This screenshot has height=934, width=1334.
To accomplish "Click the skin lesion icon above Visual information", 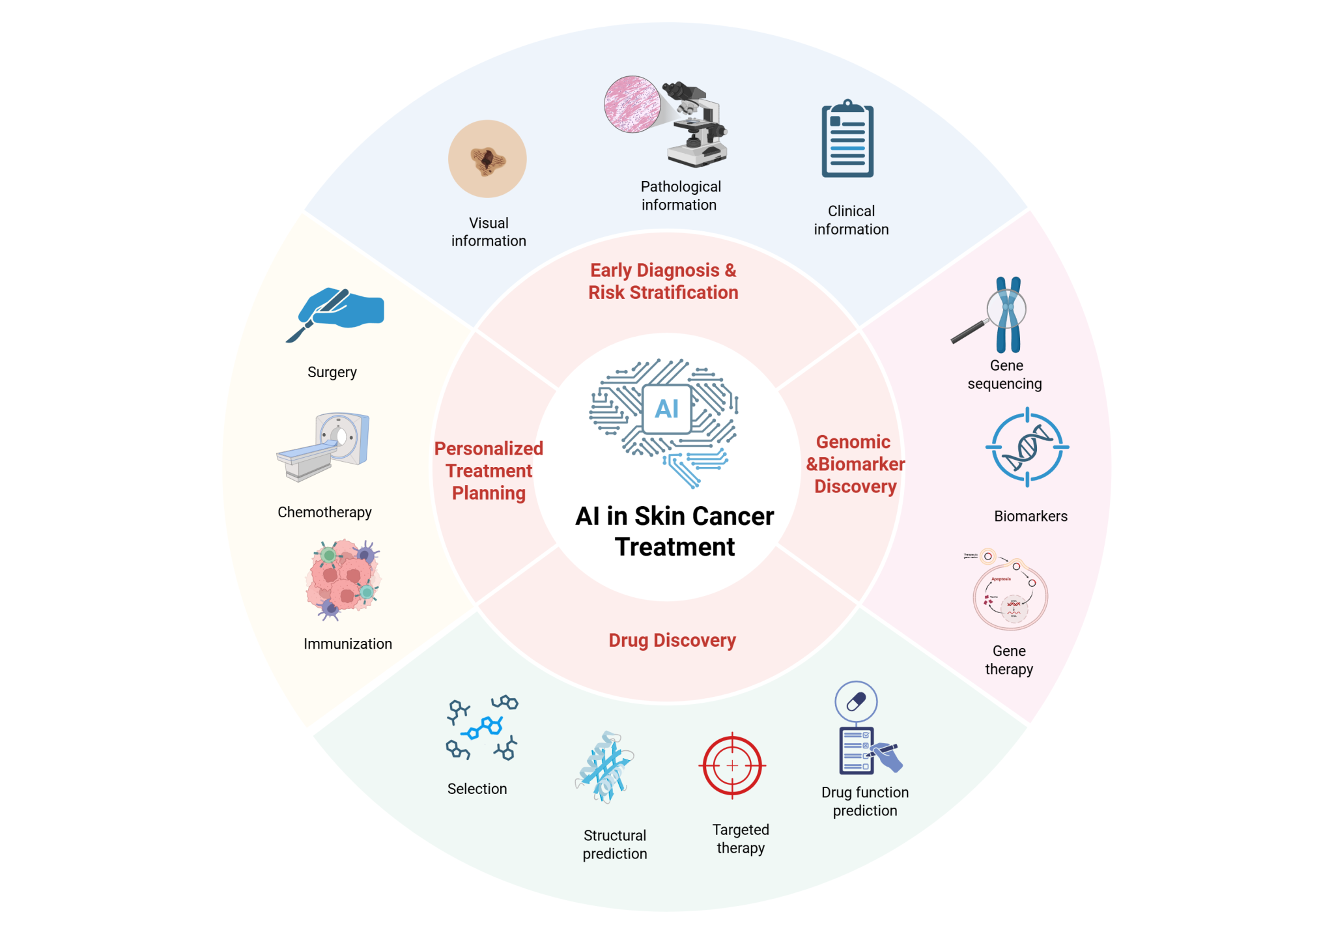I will point(487,159).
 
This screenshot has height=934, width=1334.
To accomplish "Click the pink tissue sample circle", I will point(631,104).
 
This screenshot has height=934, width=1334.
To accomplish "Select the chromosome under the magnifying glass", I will point(1007,315).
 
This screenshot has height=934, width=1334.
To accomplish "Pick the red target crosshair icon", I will point(732,766).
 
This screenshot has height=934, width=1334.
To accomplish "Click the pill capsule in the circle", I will point(856,701).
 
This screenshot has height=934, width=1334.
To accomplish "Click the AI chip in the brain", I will point(666,409).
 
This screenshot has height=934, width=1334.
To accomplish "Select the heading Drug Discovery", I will point(672,640).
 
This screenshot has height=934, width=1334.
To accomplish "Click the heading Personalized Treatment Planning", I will point(489,470).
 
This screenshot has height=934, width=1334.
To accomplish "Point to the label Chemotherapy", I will point(324,512).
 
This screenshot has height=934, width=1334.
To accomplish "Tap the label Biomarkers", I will point(1030,516).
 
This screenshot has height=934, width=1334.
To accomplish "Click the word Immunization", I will point(348,644).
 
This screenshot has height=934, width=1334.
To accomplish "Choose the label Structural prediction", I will point(615,844).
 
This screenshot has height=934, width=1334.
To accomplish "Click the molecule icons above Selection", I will point(482,729).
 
